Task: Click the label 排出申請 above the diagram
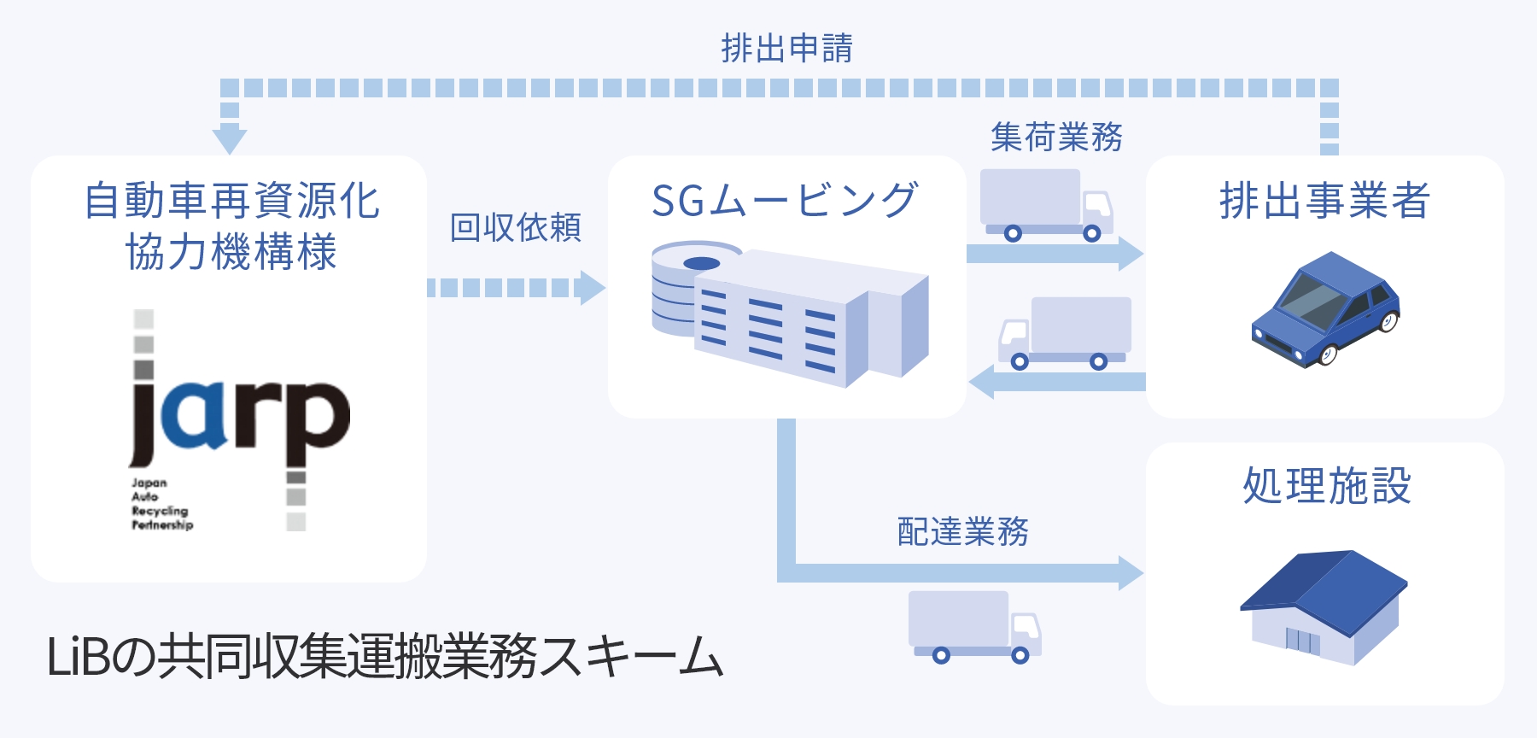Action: (x=786, y=49)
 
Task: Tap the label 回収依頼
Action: (x=516, y=228)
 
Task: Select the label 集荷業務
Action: (x=1056, y=137)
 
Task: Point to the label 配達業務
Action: (x=963, y=531)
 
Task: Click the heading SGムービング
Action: (x=785, y=201)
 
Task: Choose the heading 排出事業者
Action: (x=1324, y=201)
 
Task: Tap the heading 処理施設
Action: (x=1326, y=486)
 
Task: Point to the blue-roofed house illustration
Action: (x=1323, y=606)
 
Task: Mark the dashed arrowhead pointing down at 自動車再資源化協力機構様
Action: (x=230, y=139)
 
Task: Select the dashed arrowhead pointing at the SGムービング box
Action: (x=591, y=288)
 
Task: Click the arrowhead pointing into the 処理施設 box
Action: (x=1131, y=572)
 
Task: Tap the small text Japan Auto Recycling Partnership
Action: (x=161, y=504)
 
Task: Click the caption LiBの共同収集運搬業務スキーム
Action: (x=385, y=657)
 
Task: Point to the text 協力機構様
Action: (x=231, y=253)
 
